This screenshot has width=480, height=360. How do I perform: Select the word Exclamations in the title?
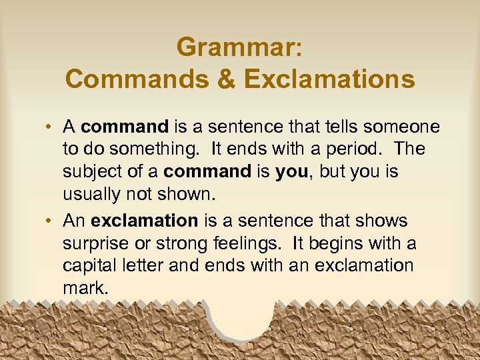329,79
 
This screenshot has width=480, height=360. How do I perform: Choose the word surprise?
93,243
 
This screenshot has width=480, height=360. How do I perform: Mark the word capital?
89,266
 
